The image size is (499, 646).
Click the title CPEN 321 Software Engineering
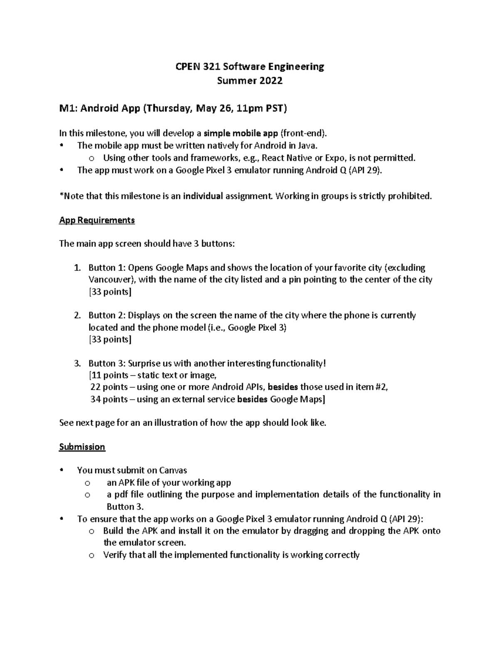coord(249,67)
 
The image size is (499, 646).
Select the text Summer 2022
coord(249,81)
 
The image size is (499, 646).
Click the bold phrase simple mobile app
coord(241,134)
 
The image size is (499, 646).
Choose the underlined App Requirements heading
coord(97,220)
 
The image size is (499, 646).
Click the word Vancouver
coord(111,280)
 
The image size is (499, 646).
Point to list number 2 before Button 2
coord(77,315)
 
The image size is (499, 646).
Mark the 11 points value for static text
coord(109,376)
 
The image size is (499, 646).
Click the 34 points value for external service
coord(109,400)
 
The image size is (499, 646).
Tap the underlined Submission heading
coord(82,447)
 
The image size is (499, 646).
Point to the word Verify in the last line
coord(115,555)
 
